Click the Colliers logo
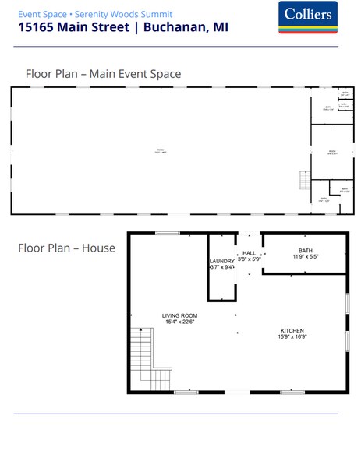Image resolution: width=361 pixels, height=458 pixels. coord(307,17)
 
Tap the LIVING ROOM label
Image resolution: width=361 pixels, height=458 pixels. coord(179,315)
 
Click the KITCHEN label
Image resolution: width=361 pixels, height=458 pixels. coord(292,330)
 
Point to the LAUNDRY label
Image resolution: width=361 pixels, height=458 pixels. coord(222,261)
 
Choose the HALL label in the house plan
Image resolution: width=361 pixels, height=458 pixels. coord(249,253)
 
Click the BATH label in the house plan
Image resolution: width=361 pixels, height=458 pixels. coord(305,250)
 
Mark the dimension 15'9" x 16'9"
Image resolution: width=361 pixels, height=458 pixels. coord(292,337)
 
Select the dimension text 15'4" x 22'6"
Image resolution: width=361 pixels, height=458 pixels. coord(179,322)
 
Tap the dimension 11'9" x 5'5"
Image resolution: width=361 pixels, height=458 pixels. coord(305,256)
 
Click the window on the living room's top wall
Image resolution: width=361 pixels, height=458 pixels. coord(167,233)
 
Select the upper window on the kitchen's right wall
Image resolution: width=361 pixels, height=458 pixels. coord(347,303)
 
